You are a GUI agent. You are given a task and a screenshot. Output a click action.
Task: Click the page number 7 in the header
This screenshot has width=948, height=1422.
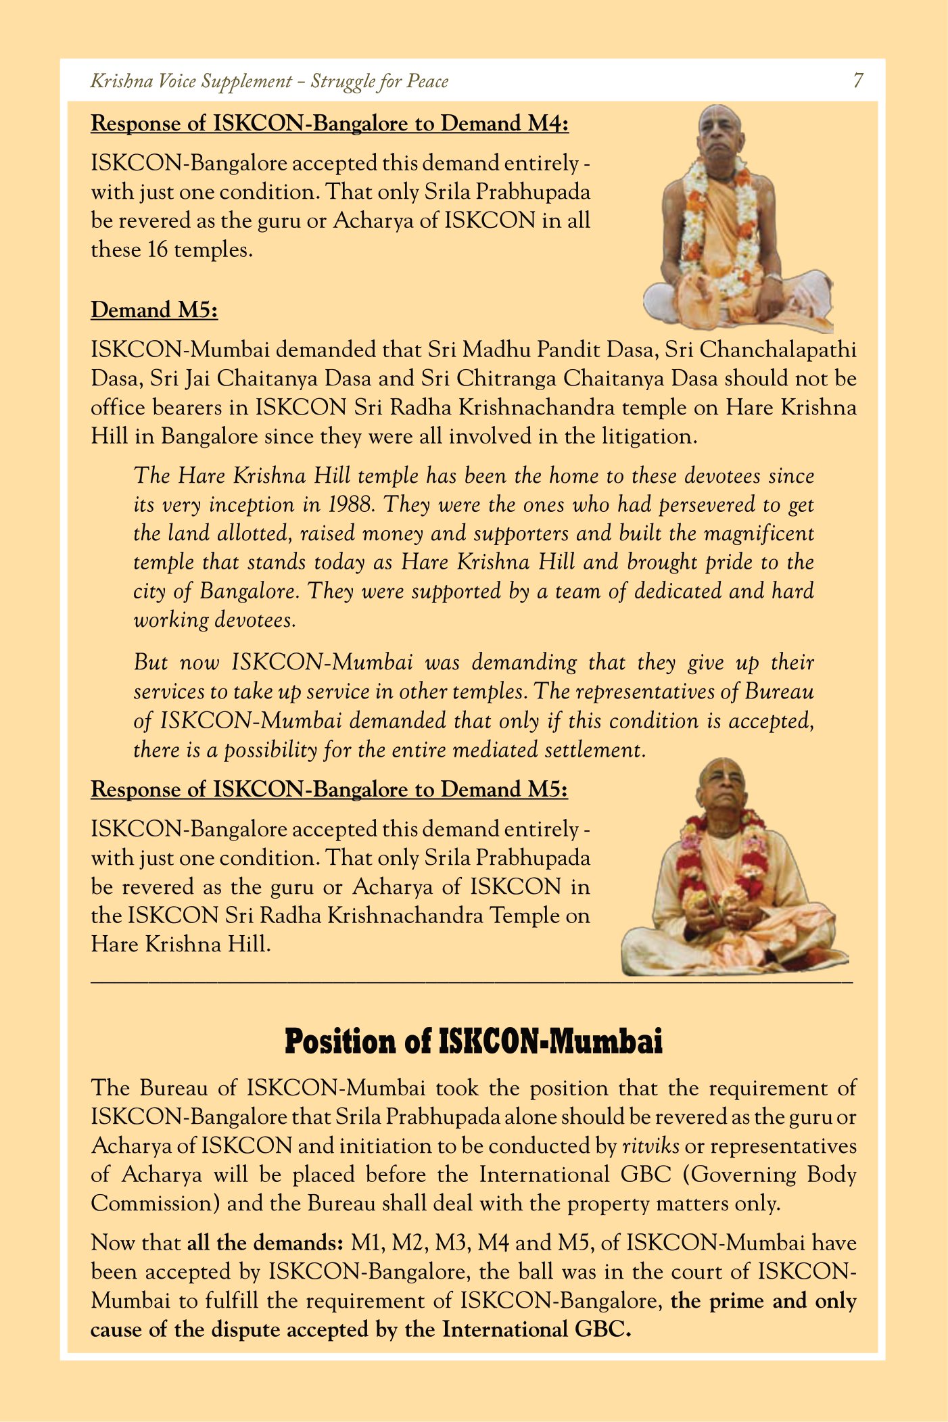(857, 80)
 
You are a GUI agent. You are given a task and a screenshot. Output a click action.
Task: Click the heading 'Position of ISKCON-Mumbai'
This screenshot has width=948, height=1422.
(473, 1041)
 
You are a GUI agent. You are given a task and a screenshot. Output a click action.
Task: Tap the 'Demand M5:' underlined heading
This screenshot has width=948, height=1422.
(154, 310)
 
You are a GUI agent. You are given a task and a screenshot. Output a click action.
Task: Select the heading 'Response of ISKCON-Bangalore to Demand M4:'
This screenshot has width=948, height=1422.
(329, 124)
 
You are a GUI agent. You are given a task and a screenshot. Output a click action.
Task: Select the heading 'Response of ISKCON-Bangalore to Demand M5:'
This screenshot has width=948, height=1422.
(329, 790)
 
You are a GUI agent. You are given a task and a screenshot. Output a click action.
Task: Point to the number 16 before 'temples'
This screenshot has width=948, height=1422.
(157, 250)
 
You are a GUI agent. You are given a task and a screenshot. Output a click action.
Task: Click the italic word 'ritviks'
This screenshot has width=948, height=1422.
(650, 1146)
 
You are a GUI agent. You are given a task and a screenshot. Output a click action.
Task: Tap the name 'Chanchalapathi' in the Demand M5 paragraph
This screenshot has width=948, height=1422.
(778, 350)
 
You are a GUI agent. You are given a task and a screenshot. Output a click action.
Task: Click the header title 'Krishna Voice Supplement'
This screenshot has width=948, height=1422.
(191, 81)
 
